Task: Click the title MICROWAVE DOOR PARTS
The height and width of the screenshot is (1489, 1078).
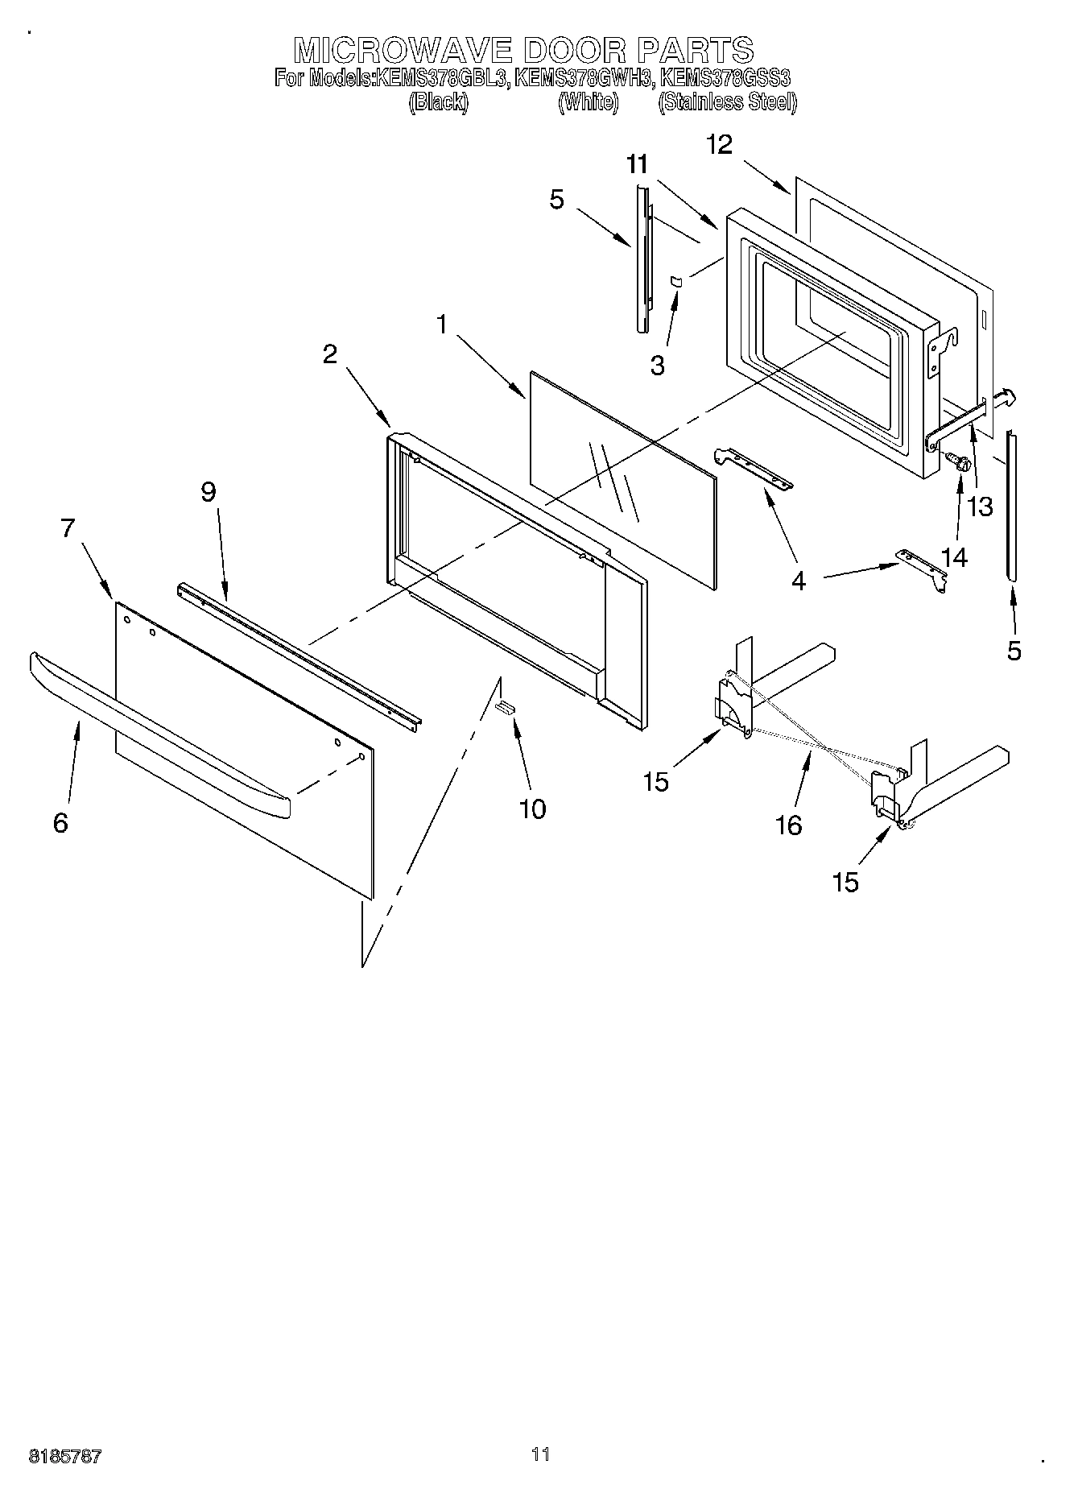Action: pos(523,50)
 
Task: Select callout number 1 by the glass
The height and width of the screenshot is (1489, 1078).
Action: pos(441,325)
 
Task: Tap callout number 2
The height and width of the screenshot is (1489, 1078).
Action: pos(330,354)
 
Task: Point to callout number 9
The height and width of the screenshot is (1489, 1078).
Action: pos(209,491)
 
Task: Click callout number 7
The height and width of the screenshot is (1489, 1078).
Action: pos(68,528)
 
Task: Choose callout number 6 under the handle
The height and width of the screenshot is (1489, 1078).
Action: pos(60,823)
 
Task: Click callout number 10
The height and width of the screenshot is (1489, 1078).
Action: pos(533,809)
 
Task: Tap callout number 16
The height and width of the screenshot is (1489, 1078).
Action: pos(790,825)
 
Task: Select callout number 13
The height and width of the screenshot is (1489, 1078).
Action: pos(981,507)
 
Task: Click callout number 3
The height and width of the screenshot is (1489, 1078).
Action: pos(658,366)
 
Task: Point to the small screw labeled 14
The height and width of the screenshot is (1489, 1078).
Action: pos(958,461)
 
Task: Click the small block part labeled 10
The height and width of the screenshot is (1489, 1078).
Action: pos(505,707)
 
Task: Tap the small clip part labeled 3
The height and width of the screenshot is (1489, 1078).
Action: pos(676,280)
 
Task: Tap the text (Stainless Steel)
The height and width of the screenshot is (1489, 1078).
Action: pos(727,102)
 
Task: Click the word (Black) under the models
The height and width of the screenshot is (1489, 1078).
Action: pos(438,102)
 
